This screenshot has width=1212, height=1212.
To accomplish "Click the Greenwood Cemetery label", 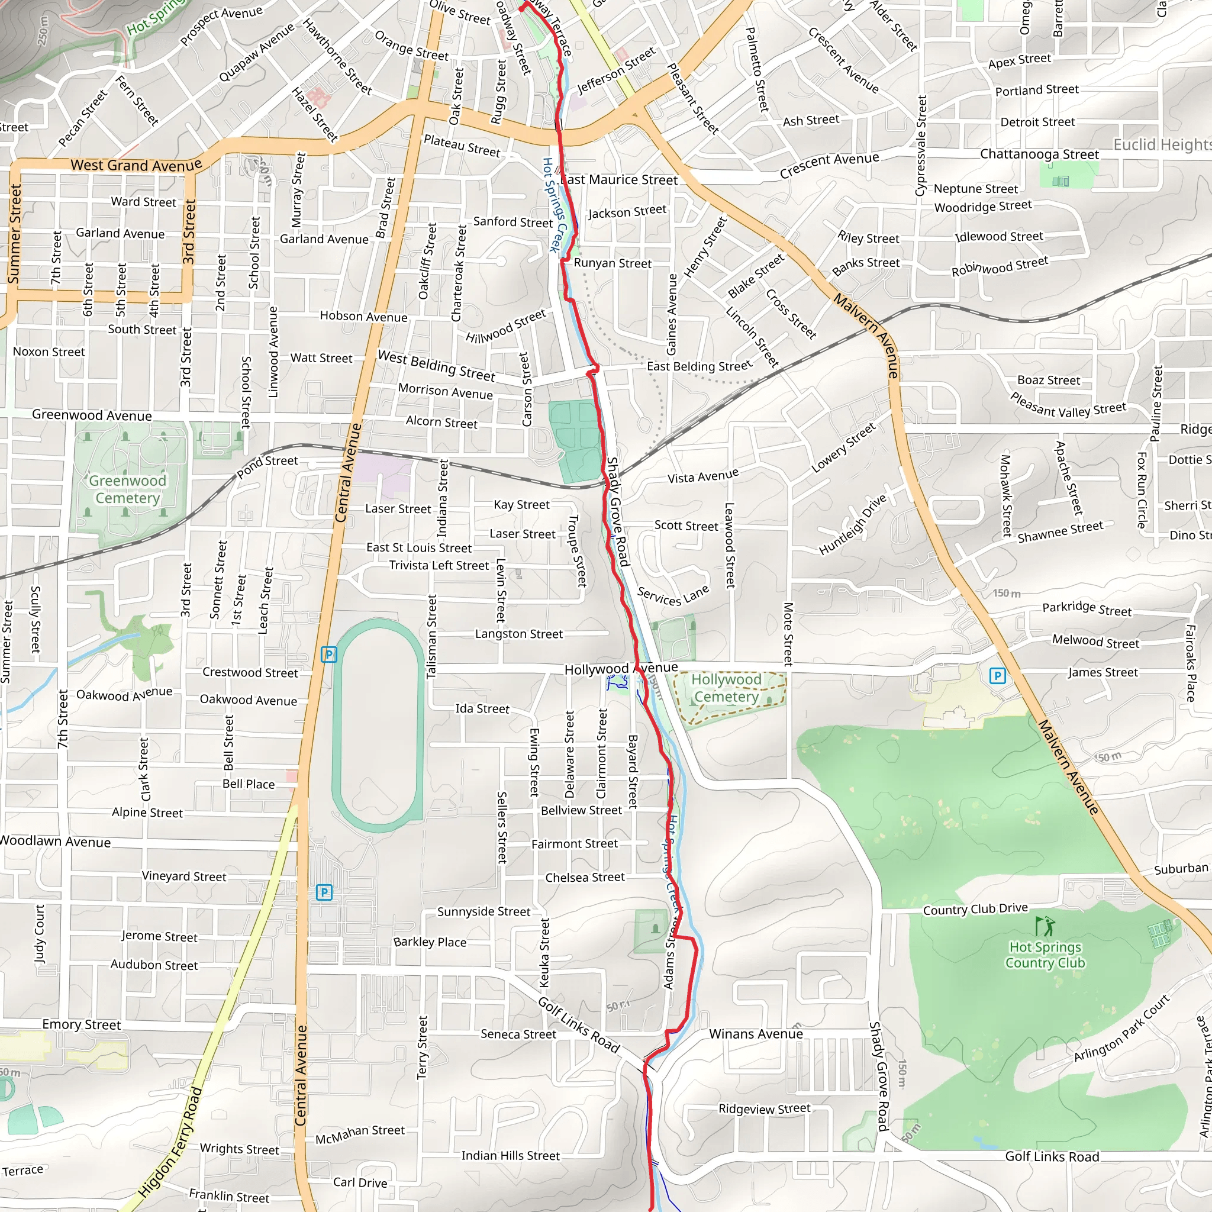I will pos(127,489).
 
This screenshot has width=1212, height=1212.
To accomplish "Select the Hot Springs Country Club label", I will pos(1045,955).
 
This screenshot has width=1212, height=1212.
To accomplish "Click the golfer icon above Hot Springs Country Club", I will pos(1045,926).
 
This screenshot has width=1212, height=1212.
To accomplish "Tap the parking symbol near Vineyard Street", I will pos(324,892).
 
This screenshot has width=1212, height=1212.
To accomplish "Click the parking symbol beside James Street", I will pos(997,676).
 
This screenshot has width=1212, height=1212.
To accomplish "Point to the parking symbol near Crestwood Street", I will pos(328,655).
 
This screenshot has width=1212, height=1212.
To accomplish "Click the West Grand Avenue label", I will pos(136,166).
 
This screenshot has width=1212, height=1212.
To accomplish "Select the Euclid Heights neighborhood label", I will pos(1162,145).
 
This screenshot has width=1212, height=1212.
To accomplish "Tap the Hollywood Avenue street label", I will pos(620,669).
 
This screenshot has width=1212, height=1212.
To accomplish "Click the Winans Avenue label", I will pos(756,1034).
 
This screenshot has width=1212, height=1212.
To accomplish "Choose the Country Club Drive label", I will pos(975,909).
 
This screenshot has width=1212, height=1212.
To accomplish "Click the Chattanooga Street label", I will pos(1039,154).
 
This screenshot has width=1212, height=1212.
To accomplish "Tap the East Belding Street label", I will pos(699,366).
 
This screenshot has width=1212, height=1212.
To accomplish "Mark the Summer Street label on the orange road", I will pos(14,233).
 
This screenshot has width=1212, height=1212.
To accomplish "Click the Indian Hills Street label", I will pos(510,1156).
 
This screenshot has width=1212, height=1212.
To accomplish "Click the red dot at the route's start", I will pos(521,8).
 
